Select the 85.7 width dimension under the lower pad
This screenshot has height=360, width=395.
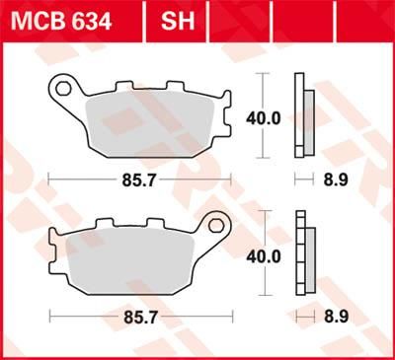pyautogui.click(x=137, y=318)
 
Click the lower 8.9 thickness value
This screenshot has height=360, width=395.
pyautogui.click(x=337, y=318)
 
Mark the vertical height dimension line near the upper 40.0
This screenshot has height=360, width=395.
pyautogui.click(x=262, y=116)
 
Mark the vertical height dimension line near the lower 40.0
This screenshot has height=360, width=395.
pyautogui.click(x=262, y=253)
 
